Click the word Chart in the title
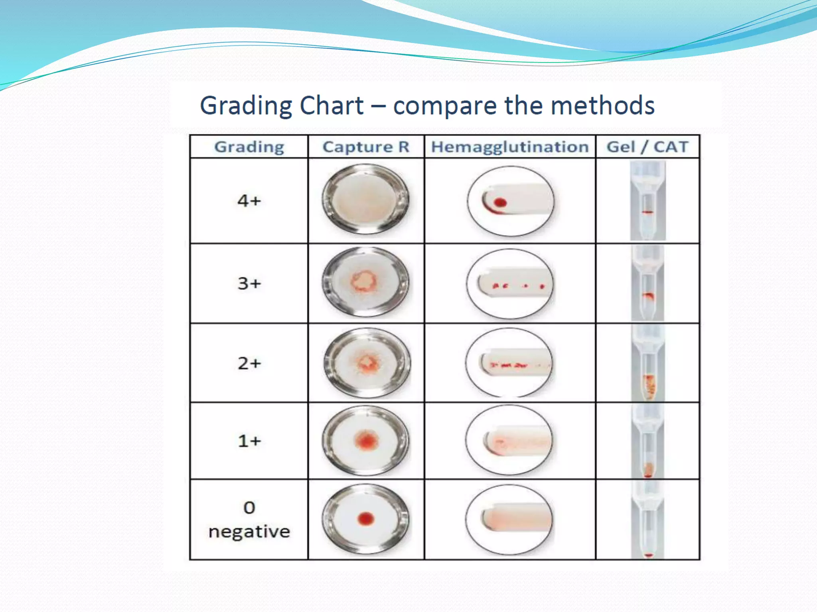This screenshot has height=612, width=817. coord(331,106)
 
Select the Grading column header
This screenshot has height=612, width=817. coord(249,147)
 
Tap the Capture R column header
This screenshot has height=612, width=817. coord(366,147)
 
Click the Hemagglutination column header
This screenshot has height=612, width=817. coord(510,147)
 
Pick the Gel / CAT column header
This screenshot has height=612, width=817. coord(647,147)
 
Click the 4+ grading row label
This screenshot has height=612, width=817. coord(249,200)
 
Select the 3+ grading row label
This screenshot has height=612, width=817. coord(249,283)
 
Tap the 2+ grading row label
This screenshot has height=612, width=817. coord(249,363)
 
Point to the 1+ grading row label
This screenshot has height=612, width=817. coord(249,441)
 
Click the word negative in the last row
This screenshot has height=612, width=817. coord(249,532)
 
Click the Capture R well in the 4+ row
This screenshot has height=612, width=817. coord(366,199)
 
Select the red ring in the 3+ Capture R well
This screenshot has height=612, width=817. coord(363,281)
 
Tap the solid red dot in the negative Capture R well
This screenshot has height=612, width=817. coord(366,518)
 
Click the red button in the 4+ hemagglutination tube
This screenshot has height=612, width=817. coord(500,202)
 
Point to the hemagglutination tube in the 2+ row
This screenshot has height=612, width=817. coord(515,364)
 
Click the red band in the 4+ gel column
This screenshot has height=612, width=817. coord(647,212)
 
